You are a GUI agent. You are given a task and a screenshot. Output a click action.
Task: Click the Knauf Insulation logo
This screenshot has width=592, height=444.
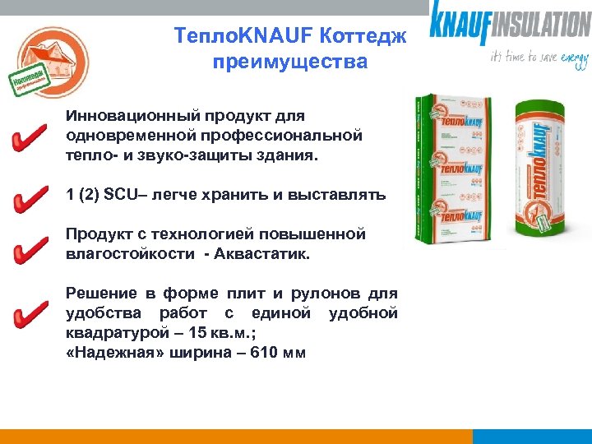pos(510,22)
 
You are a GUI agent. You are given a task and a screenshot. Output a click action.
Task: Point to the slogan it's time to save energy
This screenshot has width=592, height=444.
pos(539,58)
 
